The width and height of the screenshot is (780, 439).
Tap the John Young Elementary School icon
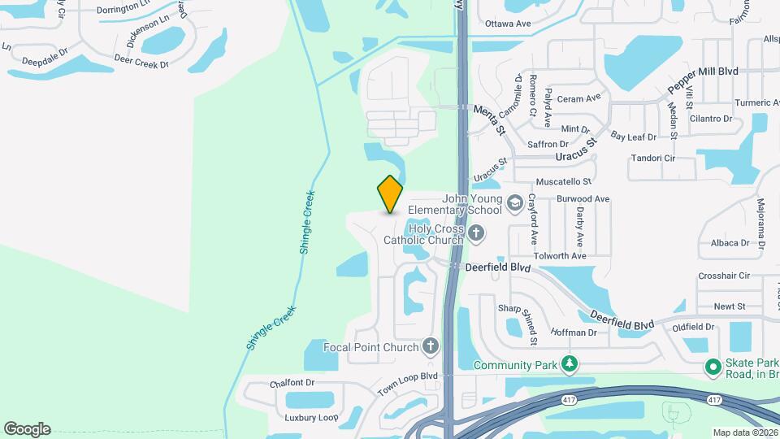click(x=514, y=202)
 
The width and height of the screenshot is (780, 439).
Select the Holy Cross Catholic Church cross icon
click(x=476, y=235)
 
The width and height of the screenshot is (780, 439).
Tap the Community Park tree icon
click(x=570, y=364)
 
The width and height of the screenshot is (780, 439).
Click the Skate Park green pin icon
click(x=713, y=368)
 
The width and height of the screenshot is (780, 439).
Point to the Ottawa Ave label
click(x=507, y=24)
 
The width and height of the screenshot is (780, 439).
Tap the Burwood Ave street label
click(x=583, y=198)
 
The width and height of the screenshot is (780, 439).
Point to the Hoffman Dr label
click(x=574, y=332)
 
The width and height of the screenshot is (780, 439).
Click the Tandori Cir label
click(x=653, y=158)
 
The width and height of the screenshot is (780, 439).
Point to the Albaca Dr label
click(x=730, y=242)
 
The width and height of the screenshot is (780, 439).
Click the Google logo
click(x=27, y=428)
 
